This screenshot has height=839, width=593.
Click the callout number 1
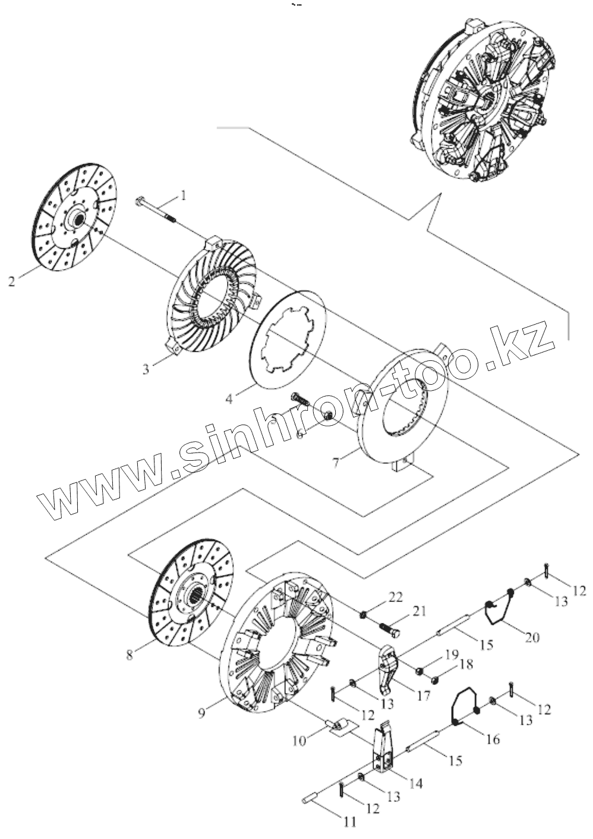point(184,194)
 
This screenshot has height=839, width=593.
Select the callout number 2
point(11,281)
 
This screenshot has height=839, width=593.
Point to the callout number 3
point(145,369)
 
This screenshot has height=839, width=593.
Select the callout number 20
point(532,637)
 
